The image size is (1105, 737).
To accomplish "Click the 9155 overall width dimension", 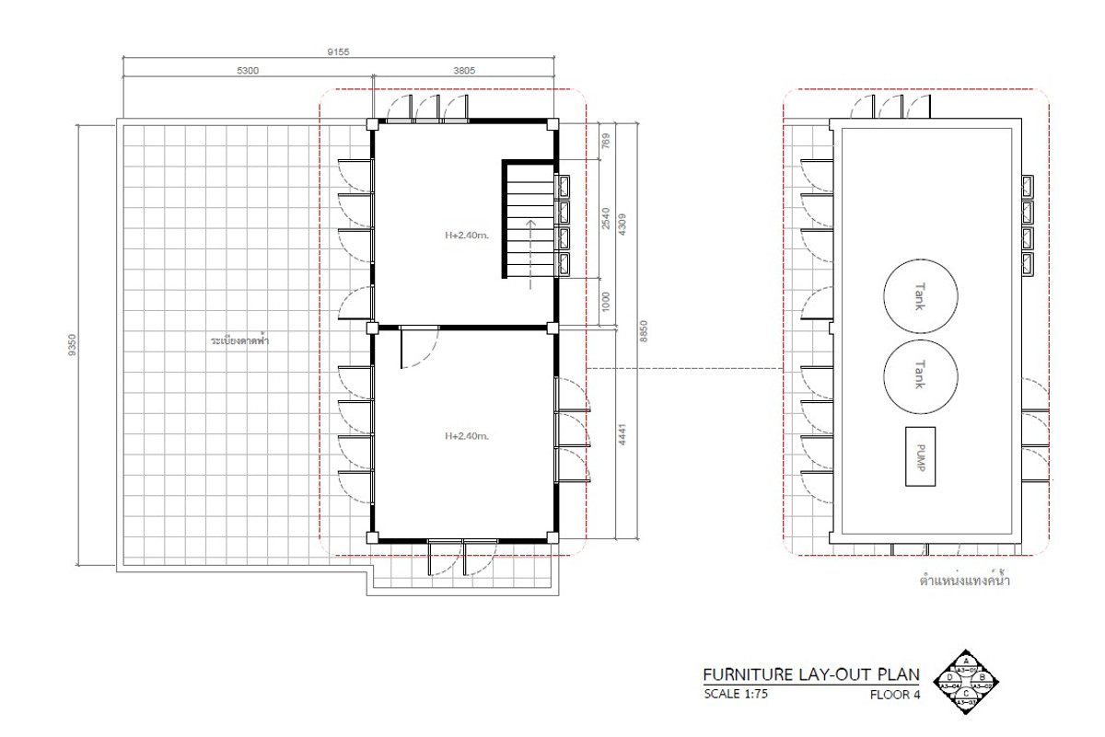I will tap(339, 52).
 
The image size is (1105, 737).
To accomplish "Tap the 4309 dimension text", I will tap(624, 225).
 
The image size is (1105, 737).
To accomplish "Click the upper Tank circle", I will tap(920, 298).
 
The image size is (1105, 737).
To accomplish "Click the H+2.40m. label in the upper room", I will tap(466, 236).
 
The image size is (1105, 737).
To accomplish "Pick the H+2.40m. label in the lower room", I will tap(466, 436).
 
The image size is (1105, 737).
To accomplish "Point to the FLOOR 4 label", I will tap(895, 695).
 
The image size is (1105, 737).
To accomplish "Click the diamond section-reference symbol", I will tap(966, 682).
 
